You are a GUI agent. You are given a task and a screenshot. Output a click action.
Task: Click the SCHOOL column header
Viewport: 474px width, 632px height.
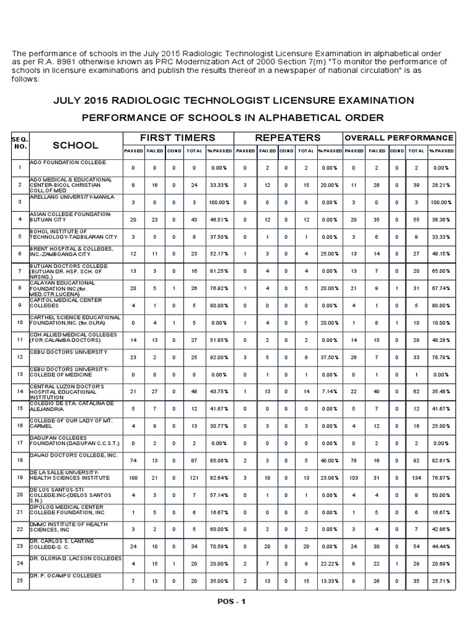click(75, 145)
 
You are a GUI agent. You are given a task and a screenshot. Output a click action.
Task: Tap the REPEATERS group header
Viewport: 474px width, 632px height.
click(288, 138)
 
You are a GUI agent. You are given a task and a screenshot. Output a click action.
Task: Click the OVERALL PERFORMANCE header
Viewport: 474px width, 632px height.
click(399, 138)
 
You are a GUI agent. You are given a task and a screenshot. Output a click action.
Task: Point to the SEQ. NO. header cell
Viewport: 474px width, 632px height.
click(20, 144)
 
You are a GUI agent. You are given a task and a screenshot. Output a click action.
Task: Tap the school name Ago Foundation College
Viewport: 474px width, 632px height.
click(67, 162)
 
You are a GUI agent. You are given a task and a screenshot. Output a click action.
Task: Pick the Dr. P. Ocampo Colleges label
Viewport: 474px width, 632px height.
click(65, 575)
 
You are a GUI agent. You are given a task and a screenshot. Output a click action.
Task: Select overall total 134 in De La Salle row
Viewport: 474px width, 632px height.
click(416, 478)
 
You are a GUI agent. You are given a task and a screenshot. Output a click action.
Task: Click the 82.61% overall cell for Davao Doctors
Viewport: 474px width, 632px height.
click(441, 460)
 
